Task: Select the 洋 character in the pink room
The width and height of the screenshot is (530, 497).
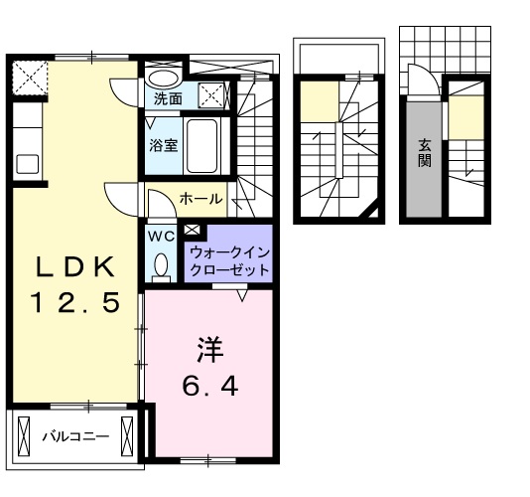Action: tap(207, 350)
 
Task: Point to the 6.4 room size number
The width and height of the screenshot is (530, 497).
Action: tap(207, 385)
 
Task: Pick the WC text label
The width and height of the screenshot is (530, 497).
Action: tap(160, 239)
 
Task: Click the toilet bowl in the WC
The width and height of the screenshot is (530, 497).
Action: tap(161, 265)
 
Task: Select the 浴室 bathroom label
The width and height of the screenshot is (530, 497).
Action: tap(164, 145)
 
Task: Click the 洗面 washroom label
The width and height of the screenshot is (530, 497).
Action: tap(168, 98)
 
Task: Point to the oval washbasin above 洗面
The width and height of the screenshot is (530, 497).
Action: tap(164, 77)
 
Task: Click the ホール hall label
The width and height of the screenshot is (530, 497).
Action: tap(200, 200)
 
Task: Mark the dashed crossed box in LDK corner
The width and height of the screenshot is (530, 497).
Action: tap(29, 76)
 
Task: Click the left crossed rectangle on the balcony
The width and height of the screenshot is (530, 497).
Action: tap(25, 433)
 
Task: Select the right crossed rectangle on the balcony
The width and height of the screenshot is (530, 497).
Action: tap(127, 433)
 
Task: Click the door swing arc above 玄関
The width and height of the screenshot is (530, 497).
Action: tap(418, 80)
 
